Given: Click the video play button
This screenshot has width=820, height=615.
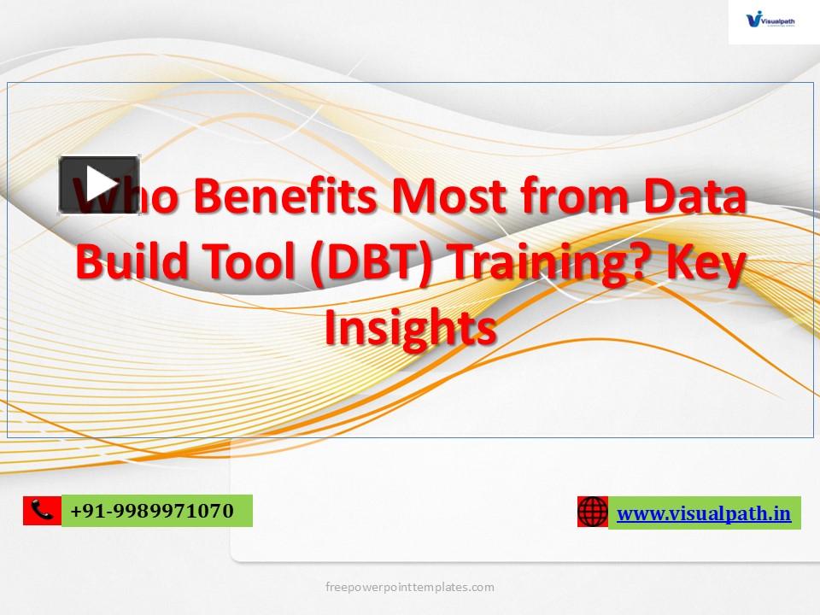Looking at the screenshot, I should pos(99,184).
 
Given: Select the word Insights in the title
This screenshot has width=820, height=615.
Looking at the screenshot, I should pos(410,326).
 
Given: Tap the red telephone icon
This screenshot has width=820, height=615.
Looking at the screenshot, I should pos(42,511).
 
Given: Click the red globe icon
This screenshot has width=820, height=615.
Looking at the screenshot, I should pos(592,512).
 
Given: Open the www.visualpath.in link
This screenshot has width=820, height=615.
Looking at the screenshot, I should pos(704,513).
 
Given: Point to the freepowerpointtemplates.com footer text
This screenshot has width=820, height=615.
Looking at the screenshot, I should pos(410,587).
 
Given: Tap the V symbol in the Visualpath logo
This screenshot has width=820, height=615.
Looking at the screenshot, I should pos(753,18).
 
